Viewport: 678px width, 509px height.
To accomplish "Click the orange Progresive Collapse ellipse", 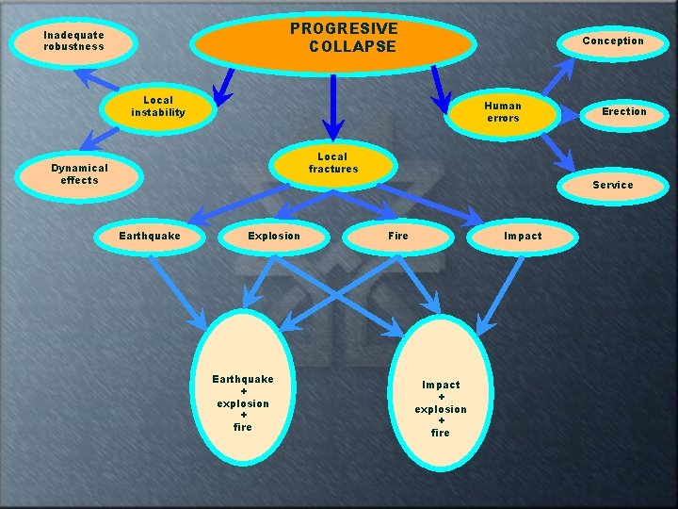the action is tap(333, 44).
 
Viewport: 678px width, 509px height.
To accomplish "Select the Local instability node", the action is tap(158, 108).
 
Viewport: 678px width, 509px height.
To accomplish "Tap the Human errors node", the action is tap(503, 114).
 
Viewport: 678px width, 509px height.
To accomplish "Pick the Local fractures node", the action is tap(333, 165).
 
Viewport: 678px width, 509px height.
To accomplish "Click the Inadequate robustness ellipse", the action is tap(73, 42).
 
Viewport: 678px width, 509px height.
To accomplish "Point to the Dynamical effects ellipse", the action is tap(79, 176).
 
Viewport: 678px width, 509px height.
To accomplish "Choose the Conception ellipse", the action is tap(613, 43).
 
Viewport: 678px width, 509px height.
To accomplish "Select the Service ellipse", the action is tap(613, 186).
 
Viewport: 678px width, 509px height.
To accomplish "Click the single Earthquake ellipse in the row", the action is tap(150, 238).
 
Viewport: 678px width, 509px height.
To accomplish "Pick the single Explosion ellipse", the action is tap(274, 238).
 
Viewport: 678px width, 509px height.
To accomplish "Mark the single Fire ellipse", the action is tap(397, 238).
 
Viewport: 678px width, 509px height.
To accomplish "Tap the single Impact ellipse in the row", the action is tap(523, 238).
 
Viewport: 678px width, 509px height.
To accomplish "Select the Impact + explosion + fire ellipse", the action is tap(441, 393).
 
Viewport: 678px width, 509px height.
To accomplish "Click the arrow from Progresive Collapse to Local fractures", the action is tap(333, 108).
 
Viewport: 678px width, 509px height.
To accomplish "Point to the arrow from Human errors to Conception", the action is tap(558, 76).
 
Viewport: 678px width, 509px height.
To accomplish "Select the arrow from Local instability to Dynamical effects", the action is tap(100, 139).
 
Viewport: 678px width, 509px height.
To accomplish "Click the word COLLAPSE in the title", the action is tap(352, 46).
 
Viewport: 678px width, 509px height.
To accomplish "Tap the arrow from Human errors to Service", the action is tap(558, 153).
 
